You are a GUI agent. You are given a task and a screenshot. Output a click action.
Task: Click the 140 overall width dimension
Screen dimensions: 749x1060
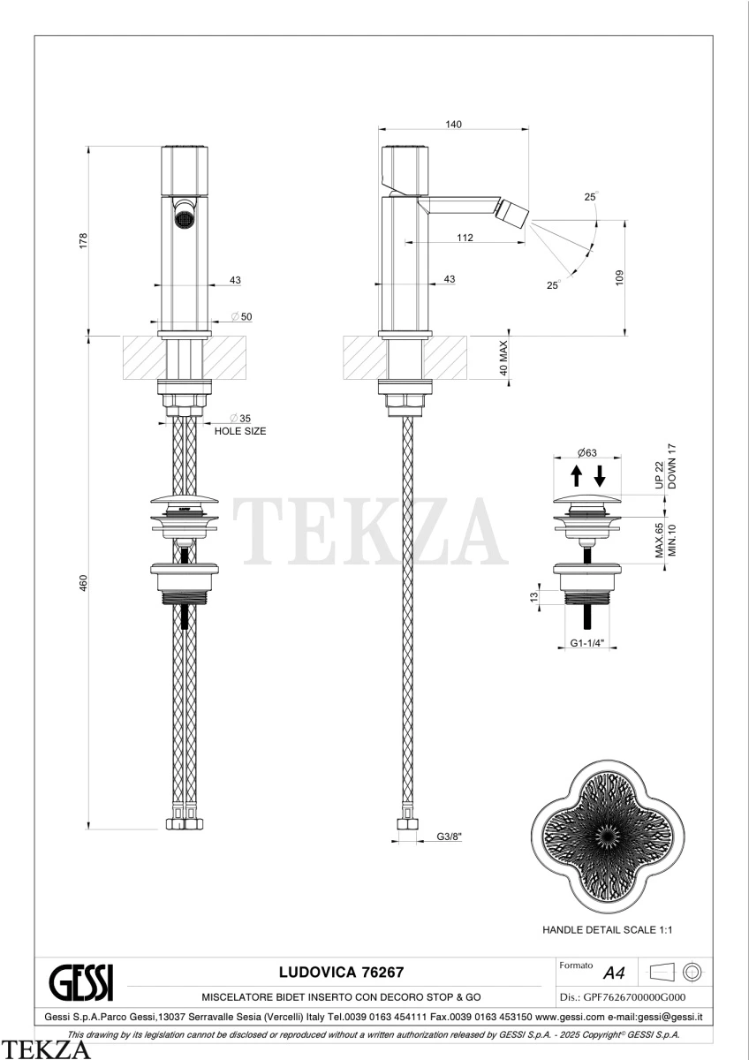[453, 124]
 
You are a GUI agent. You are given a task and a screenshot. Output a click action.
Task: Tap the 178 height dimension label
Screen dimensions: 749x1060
[83, 241]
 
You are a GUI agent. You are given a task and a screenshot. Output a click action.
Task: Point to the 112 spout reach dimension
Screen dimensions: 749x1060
[465, 238]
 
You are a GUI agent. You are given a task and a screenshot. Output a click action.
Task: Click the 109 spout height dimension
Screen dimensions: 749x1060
[620, 277]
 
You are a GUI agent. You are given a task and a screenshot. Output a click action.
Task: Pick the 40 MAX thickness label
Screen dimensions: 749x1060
[503, 358]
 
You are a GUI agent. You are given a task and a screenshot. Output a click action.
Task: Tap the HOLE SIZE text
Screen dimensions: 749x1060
[240, 431]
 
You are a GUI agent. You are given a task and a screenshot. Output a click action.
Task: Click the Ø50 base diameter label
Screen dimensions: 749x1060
[242, 316]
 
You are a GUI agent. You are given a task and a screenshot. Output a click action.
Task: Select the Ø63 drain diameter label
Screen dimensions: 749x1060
[586, 452]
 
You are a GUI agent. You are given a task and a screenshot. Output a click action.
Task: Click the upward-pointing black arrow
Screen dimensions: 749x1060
[576, 475]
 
